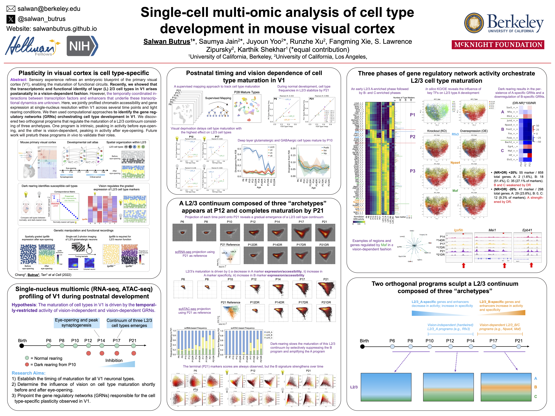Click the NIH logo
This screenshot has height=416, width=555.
(82, 46)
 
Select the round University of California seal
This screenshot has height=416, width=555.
(474, 23)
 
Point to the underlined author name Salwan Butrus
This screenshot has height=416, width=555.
(167, 42)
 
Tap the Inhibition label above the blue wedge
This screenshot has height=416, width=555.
(114, 360)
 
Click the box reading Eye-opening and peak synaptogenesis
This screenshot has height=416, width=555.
(77, 323)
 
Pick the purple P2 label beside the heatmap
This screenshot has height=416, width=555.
(412, 137)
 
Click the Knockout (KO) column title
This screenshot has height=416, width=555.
(437, 131)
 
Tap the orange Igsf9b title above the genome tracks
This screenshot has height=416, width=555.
(458, 230)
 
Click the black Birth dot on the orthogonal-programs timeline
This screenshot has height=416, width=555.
(362, 347)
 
